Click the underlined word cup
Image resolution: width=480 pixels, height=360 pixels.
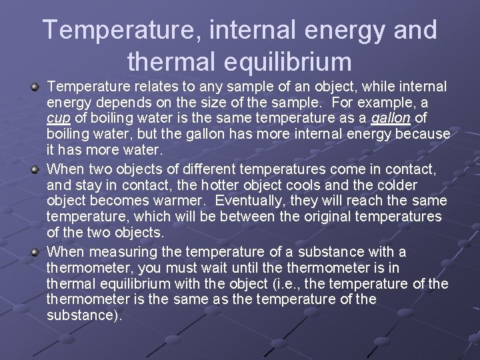coord(57,119)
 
